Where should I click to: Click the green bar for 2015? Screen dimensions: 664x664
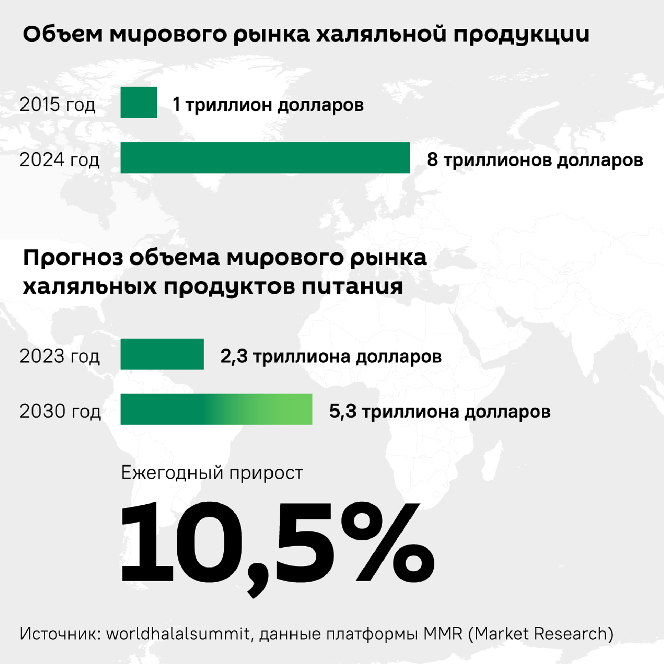[x=138, y=102]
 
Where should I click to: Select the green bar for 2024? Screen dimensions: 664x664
[x=265, y=158]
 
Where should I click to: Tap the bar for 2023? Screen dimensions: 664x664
[x=162, y=354]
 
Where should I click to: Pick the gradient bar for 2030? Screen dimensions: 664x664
[x=216, y=409]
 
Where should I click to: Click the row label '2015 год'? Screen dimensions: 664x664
[x=57, y=104]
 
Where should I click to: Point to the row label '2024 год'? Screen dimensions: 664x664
[x=59, y=160]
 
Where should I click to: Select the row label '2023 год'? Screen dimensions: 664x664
[x=59, y=356]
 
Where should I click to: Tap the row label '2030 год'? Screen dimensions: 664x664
[x=60, y=411]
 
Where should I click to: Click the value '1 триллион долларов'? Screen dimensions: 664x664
[x=268, y=104]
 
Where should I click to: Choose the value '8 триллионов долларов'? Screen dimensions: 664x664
[x=535, y=160]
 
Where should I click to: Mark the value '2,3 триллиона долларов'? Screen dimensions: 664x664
[x=331, y=357]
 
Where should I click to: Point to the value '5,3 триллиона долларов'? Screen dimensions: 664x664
[x=440, y=412]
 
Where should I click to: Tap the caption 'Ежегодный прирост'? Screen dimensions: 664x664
[x=212, y=473]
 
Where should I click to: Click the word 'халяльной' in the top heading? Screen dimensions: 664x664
[x=381, y=35]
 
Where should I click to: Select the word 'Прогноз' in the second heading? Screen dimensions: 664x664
[x=73, y=258]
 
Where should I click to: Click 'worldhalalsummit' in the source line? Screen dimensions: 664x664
[x=178, y=634]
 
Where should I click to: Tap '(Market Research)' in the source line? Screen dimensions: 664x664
[x=541, y=634]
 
